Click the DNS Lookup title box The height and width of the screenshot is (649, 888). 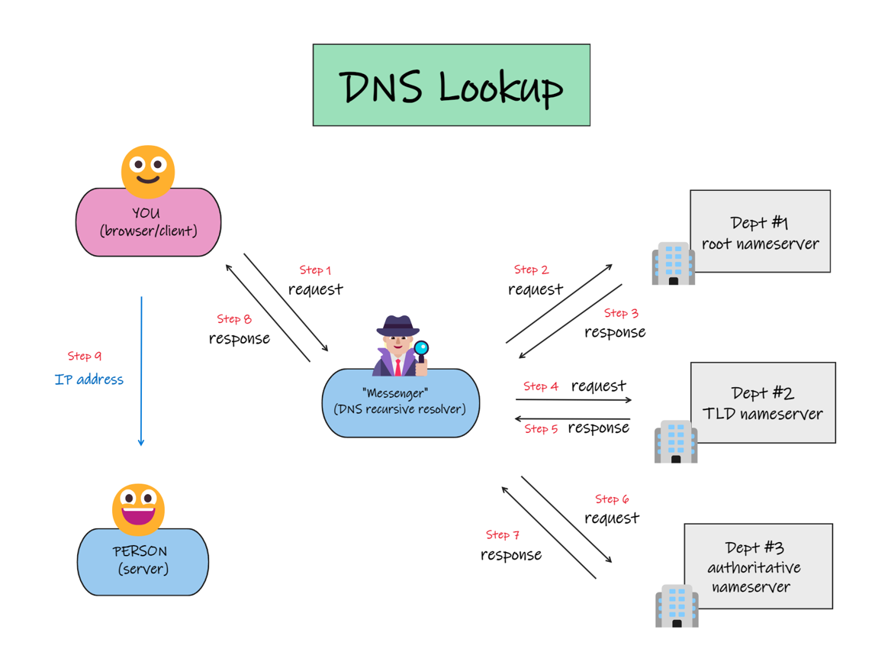tap(452, 85)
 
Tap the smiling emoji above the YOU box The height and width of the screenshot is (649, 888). tap(148, 172)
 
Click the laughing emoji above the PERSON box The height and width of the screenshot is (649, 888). tap(138, 509)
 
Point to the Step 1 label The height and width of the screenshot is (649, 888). tap(315, 270)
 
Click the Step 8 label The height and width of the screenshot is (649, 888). tap(234, 319)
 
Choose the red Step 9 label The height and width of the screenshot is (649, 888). tap(85, 356)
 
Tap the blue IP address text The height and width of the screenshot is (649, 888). tap(89, 379)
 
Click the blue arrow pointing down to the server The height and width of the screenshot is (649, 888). tap(142, 371)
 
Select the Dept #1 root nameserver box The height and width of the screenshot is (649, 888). tap(760, 231)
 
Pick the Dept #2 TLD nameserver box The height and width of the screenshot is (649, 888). tap(763, 402)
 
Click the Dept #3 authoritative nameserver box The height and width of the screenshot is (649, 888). tap(758, 567)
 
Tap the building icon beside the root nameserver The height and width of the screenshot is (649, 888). tap(674, 263)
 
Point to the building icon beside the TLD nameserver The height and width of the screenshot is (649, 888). tap(676, 441)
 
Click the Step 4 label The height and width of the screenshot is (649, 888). tap(541, 386)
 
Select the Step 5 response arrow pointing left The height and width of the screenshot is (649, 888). tap(572, 419)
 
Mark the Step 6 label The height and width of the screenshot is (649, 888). tap(612, 499)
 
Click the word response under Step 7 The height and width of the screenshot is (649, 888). tap(511, 554)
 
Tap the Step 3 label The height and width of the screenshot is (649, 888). tap(621, 314)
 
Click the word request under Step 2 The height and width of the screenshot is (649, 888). tap(536, 289)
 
